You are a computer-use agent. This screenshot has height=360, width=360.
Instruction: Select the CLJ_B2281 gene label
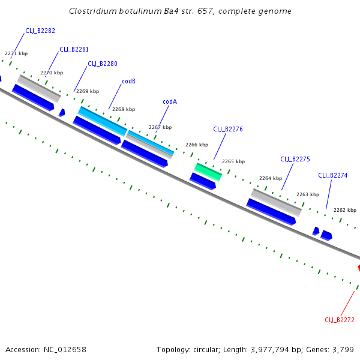(74, 49)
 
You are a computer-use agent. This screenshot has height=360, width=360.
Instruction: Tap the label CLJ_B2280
(103, 64)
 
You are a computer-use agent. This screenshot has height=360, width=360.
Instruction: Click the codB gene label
(128, 81)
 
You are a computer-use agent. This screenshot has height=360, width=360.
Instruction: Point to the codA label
(170, 101)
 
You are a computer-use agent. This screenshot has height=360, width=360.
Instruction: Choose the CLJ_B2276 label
(228, 129)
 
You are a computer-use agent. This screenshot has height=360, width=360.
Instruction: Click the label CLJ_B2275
(295, 159)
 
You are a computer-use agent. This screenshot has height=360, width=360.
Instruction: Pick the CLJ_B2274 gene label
(332, 175)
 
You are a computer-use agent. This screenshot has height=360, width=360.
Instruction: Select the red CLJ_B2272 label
(340, 320)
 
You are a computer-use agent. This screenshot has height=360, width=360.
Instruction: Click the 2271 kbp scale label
(16, 53)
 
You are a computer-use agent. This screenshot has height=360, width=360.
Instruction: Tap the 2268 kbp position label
(124, 109)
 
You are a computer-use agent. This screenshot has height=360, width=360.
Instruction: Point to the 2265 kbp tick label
(233, 161)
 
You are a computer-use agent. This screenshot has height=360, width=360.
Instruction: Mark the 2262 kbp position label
(345, 210)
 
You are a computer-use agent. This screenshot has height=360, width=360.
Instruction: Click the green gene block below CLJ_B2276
(208, 171)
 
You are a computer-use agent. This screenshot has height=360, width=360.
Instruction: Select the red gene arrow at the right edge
(359, 268)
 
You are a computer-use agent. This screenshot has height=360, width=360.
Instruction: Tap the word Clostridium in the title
(92, 11)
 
